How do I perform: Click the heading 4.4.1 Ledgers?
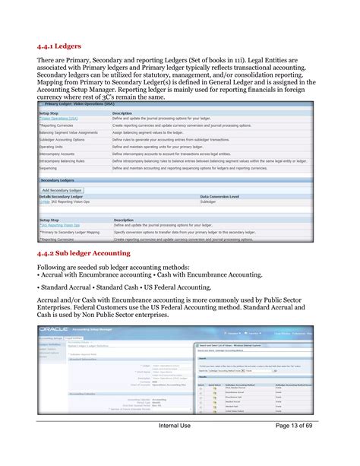point(61,46)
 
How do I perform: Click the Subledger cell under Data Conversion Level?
point(208,202)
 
